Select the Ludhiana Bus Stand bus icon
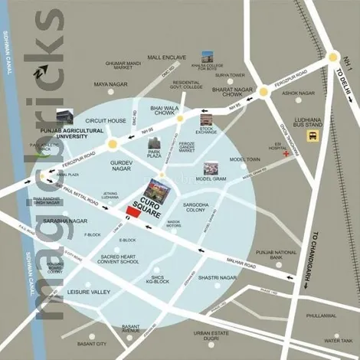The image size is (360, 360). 312,136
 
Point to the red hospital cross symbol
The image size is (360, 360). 285,154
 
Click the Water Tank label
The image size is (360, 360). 337,340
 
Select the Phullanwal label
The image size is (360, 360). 320,316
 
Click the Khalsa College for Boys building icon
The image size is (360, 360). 207,57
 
